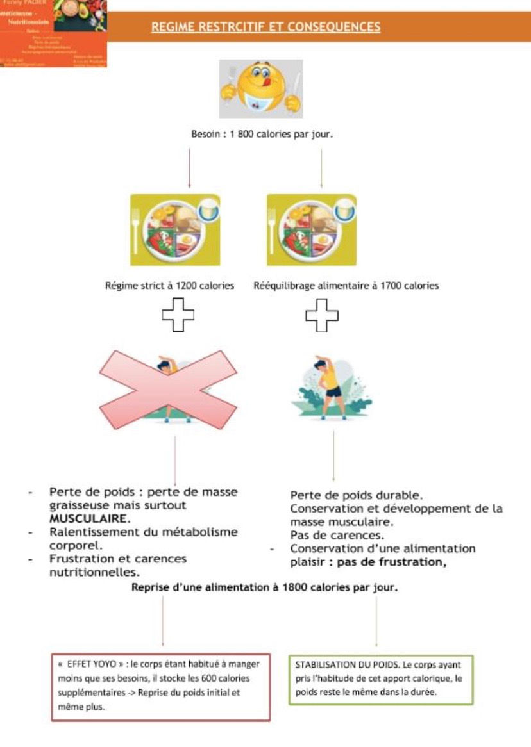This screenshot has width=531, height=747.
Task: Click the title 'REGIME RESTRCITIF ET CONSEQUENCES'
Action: (265, 27)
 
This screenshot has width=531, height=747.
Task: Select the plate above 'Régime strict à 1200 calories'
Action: (175, 230)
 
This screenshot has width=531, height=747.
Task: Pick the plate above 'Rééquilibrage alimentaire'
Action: (312, 230)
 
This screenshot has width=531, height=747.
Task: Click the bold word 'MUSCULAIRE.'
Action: (90, 518)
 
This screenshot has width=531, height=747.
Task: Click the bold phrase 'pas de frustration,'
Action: (391, 562)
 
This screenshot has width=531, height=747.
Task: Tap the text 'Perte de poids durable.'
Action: (357, 495)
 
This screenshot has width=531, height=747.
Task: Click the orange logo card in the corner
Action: (53, 33)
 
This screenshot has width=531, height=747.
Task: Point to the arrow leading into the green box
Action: (376, 621)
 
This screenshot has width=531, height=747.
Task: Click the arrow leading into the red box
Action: (162, 621)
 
